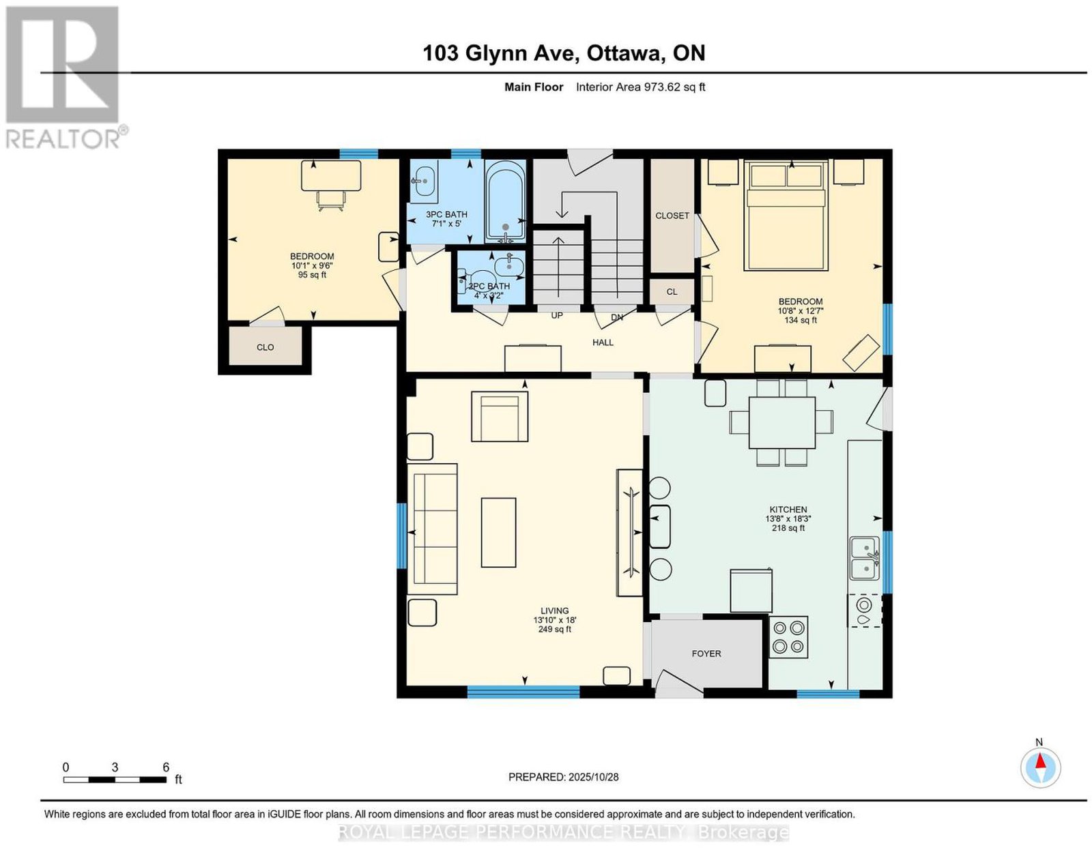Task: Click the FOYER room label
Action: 706,653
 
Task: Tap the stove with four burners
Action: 788,637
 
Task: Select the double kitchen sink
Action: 864,558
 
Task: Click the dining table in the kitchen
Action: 782,422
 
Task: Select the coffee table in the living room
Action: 498,532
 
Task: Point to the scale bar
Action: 115,780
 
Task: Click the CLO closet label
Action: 265,347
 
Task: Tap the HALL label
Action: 603,342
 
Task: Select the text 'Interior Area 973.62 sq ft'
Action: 640,87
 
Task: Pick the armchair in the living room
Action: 500,416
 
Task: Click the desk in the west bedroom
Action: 330,175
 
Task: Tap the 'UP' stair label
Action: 556,315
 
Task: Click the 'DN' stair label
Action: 616,317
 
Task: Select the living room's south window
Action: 523,693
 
